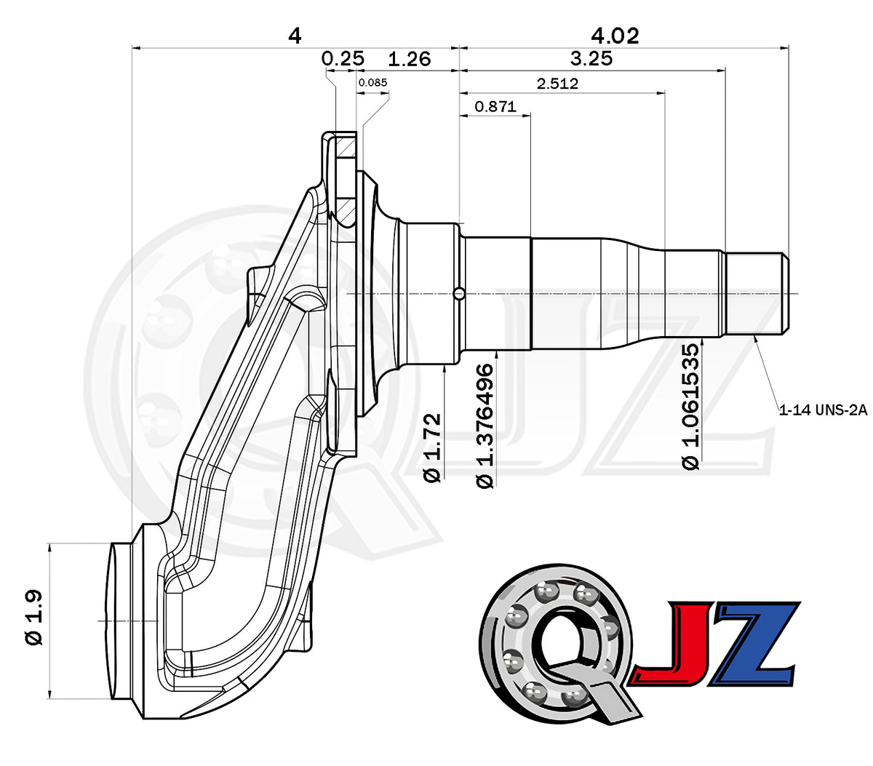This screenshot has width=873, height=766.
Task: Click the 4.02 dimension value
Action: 615,36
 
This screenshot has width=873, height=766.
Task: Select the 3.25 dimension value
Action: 591,58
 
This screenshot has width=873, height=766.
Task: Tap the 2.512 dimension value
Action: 557,83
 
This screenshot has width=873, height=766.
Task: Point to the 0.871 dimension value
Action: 495,106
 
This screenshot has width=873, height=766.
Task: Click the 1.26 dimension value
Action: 409,59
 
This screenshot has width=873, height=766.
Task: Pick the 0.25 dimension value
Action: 343,58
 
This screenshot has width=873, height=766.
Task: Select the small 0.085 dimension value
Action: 372,82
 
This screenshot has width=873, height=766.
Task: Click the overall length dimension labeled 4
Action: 295,36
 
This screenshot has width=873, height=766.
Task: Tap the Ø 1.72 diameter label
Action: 432,447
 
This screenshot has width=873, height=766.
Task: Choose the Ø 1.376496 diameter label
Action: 485,426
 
